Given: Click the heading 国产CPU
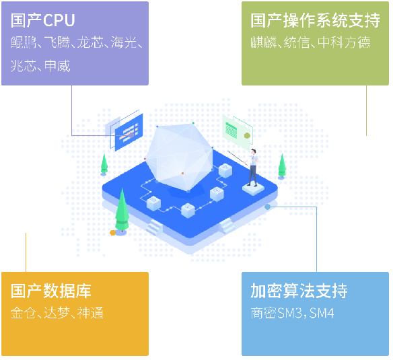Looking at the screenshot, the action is (x=43, y=20).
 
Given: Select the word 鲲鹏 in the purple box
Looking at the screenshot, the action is (x=24, y=42).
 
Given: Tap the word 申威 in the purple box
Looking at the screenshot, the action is (x=57, y=66).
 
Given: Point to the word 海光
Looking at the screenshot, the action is (x=124, y=42).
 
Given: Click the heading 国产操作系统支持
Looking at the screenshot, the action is (x=316, y=20).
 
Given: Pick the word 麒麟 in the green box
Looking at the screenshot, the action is (x=263, y=42).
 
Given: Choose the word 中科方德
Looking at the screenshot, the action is (x=344, y=42).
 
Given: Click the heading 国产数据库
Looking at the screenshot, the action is (x=51, y=291).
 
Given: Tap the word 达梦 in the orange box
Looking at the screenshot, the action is (x=57, y=313).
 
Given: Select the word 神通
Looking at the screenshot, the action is (x=90, y=313).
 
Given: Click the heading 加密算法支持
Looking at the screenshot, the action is (x=299, y=291).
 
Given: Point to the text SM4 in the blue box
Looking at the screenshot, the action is (x=322, y=313).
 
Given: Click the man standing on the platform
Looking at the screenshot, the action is (x=253, y=168).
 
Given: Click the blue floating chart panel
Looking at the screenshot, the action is (x=129, y=132).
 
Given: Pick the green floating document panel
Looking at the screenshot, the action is (x=237, y=131).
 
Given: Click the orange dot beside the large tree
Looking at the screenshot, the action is (x=113, y=233).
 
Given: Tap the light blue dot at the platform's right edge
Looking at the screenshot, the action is (x=267, y=207).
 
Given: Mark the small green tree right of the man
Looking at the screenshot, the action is (x=282, y=166).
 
